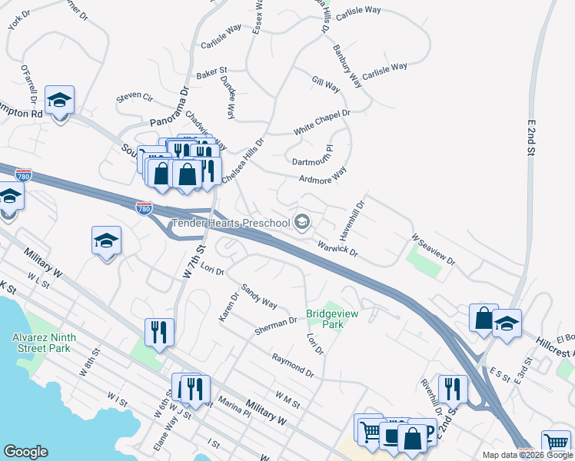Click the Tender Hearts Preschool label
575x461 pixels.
point(231,223)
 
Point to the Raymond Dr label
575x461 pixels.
point(293,364)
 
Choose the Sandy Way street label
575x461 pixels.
point(259,296)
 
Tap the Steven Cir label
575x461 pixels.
point(135,98)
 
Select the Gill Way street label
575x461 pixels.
point(326,85)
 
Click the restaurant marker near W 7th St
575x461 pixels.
point(159,332)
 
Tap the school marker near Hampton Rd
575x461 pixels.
point(59,100)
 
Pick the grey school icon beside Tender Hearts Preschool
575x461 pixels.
point(302,223)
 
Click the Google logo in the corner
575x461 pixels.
point(26,452)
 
